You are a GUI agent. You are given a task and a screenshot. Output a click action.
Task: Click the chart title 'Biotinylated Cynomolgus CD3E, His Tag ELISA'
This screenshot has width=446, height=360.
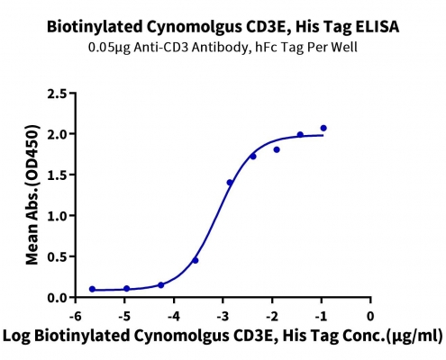223,27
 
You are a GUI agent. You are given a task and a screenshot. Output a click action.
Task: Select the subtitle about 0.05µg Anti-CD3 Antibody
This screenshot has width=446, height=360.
223,48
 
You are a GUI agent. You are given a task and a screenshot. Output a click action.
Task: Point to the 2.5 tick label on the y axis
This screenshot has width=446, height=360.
57,94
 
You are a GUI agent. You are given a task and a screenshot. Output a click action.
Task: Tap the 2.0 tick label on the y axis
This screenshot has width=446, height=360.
57,134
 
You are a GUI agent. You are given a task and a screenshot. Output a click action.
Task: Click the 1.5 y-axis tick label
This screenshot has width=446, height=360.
57,175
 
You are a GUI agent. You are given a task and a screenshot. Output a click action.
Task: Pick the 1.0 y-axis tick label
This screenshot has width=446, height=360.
57,216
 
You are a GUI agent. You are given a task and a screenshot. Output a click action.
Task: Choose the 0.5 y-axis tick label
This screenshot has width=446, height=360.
57,256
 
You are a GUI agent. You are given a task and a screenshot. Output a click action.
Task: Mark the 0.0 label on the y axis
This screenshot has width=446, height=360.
57,298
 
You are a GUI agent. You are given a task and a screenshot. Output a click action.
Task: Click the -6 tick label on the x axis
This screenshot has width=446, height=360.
75,316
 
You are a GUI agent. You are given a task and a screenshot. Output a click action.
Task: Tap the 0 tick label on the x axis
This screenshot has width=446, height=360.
370,316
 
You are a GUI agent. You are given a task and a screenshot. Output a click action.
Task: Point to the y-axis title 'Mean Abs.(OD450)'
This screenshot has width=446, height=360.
32,194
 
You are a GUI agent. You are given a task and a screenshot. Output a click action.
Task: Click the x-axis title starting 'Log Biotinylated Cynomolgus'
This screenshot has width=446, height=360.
223,336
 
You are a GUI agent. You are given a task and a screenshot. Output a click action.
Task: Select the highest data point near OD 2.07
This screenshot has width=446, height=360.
323,128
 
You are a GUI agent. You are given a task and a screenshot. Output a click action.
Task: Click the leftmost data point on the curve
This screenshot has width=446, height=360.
92,289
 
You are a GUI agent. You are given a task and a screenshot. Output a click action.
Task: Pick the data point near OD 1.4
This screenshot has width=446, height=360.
230,183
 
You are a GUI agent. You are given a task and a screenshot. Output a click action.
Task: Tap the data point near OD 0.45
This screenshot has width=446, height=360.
196,260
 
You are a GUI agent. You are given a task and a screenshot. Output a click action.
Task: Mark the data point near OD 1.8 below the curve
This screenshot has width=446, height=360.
277,149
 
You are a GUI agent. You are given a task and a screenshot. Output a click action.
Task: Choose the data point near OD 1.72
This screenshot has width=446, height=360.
253,157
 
